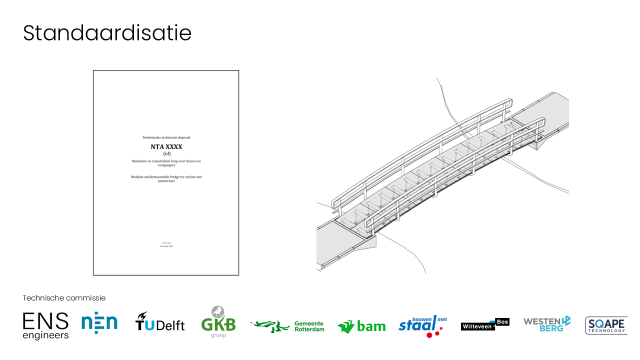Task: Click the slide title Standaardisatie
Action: pos(107,33)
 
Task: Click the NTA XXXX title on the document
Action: pos(166,146)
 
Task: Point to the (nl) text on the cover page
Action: pos(166,154)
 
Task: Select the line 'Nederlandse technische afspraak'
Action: pos(166,137)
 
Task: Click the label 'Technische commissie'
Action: pos(64,298)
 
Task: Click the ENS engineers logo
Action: pos(45,325)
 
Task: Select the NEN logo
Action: pos(99,323)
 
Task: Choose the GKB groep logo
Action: pos(218,322)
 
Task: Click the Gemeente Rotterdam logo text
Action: pos(309,326)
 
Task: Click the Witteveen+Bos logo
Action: pos(484,324)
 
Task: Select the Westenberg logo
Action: pos(547,323)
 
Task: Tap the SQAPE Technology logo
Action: pos(606,325)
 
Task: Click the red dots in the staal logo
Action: pos(432,333)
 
